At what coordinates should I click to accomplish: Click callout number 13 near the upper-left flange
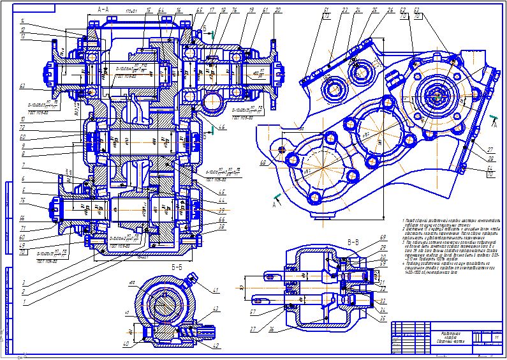(22, 37)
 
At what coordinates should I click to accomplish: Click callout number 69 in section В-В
(384, 238)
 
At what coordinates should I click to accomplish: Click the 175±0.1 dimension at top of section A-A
(132, 12)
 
